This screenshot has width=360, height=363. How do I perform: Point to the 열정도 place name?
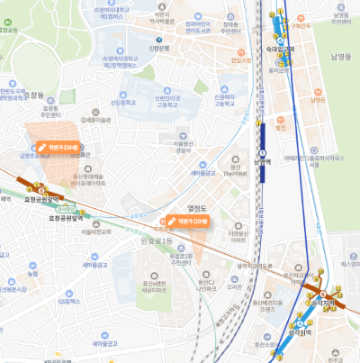197,208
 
